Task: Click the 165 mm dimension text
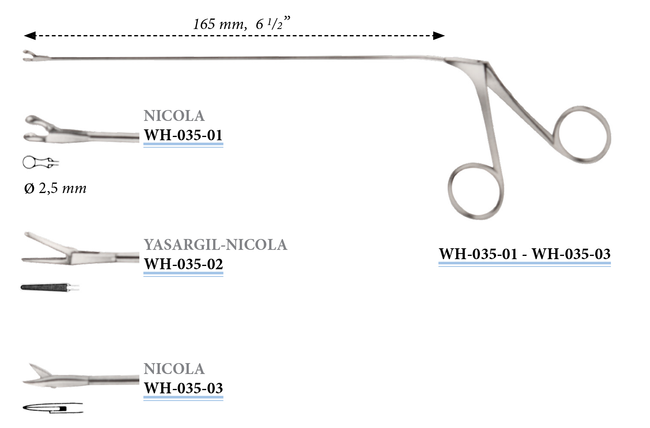(x=241, y=24)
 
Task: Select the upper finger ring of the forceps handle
(x=582, y=135)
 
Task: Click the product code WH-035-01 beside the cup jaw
(x=183, y=135)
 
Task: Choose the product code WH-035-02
(x=183, y=264)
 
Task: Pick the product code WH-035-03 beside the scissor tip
(x=183, y=389)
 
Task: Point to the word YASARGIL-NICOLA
(x=215, y=245)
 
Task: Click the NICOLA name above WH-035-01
(x=174, y=116)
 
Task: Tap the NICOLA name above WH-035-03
(x=174, y=369)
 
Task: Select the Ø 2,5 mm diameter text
(x=55, y=189)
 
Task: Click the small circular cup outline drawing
(x=40, y=163)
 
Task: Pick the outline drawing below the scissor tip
(x=52, y=408)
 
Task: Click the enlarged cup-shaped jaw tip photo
(x=44, y=129)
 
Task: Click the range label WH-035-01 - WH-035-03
(x=525, y=254)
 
